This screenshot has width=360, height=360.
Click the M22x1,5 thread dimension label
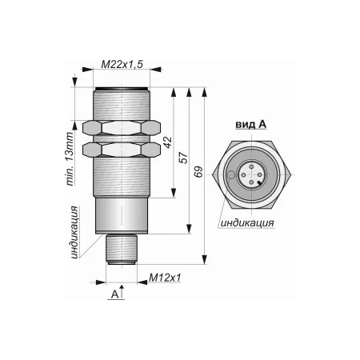pyautogui.click(x=122, y=64)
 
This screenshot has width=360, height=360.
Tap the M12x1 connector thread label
pyautogui.click(x=165, y=278)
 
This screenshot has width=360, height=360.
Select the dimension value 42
pyautogui.click(x=168, y=142)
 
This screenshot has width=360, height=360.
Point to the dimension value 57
pyautogui.click(x=183, y=158)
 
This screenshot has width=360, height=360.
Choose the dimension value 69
pyautogui.click(x=198, y=172)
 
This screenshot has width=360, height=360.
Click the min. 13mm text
pyautogui.click(x=70, y=159)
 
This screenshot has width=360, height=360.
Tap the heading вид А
pyautogui.click(x=251, y=124)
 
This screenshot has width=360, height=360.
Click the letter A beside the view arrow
pyautogui.click(x=114, y=294)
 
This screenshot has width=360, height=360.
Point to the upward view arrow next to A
pyautogui.click(x=122, y=291)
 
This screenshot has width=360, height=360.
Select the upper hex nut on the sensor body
pyautogui.click(x=122, y=127)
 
